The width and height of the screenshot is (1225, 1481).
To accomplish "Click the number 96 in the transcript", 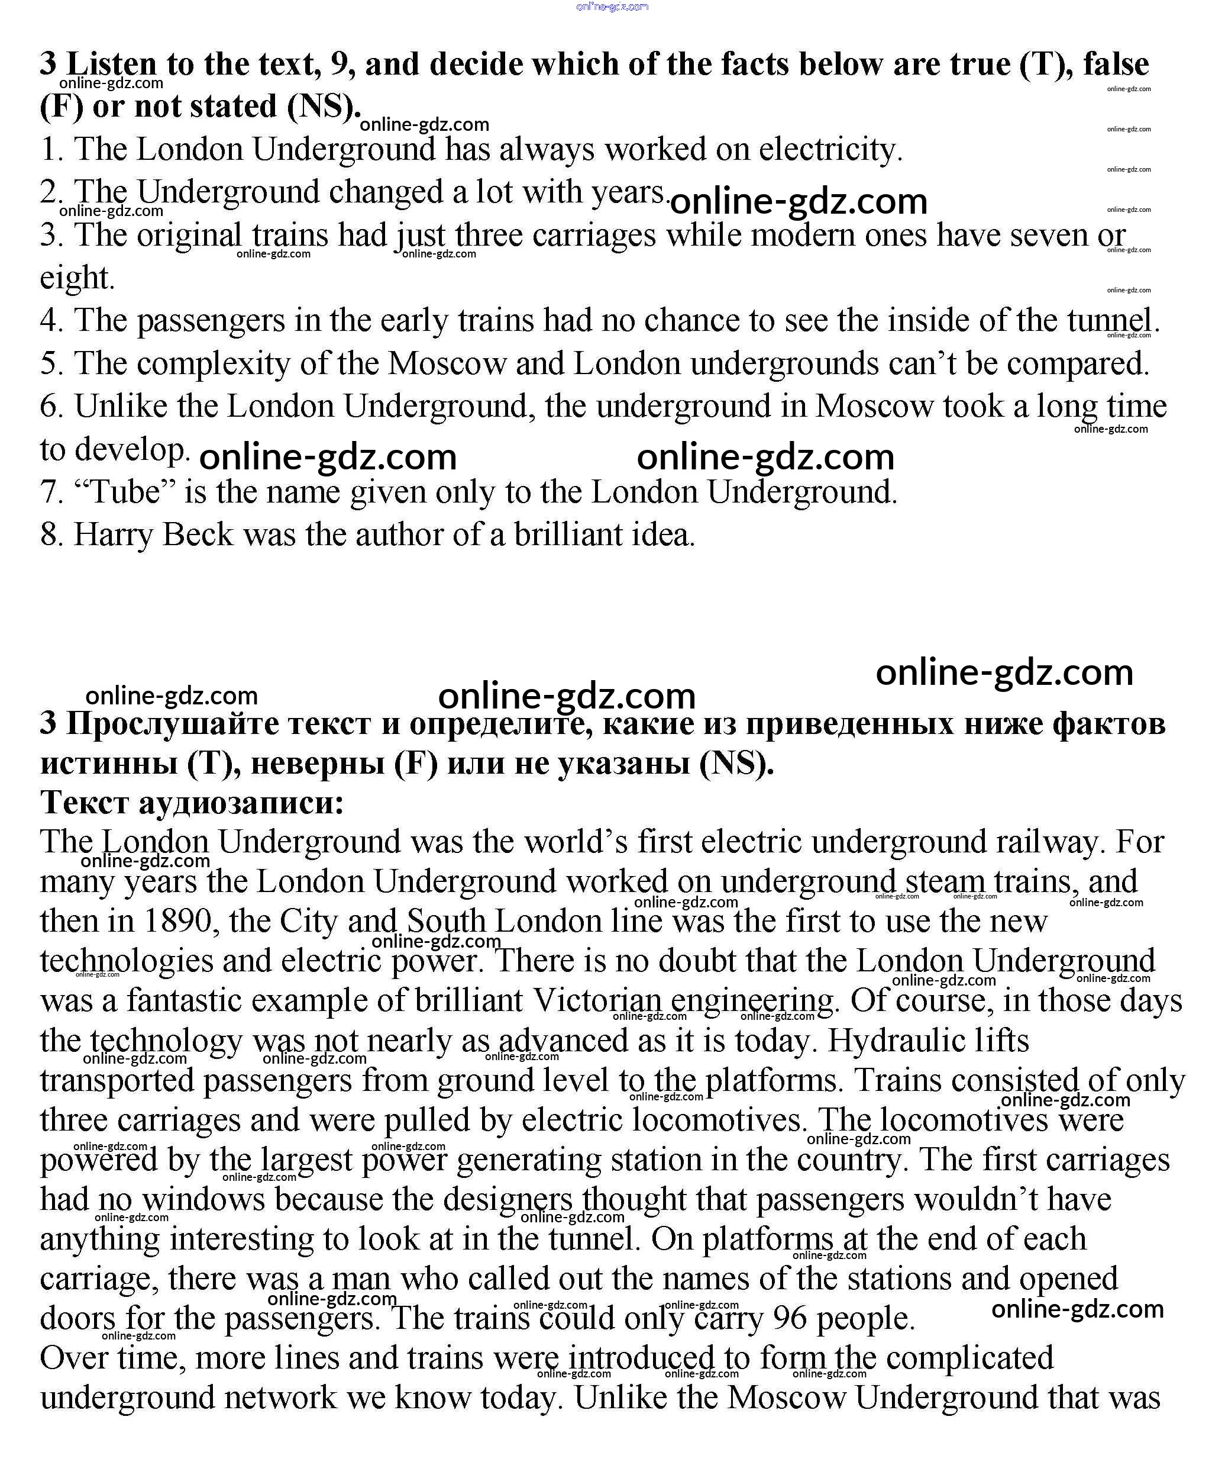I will tap(790, 1318).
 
